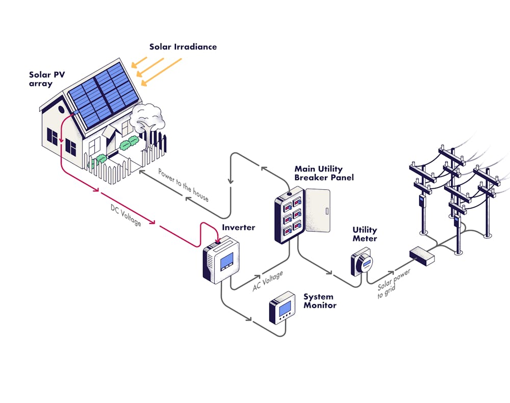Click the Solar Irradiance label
tap(183, 47)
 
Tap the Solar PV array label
tap(47, 79)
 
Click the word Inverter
tap(238, 228)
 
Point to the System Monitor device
tap(282, 308)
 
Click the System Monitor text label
tap(320, 301)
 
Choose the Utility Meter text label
tap(365, 234)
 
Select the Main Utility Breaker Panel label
tap(324, 173)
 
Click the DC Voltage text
tap(125, 215)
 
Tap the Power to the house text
tap(183, 184)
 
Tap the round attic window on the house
tap(62, 109)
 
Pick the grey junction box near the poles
tap(422, 255)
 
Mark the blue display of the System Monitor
tap(285, 307)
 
